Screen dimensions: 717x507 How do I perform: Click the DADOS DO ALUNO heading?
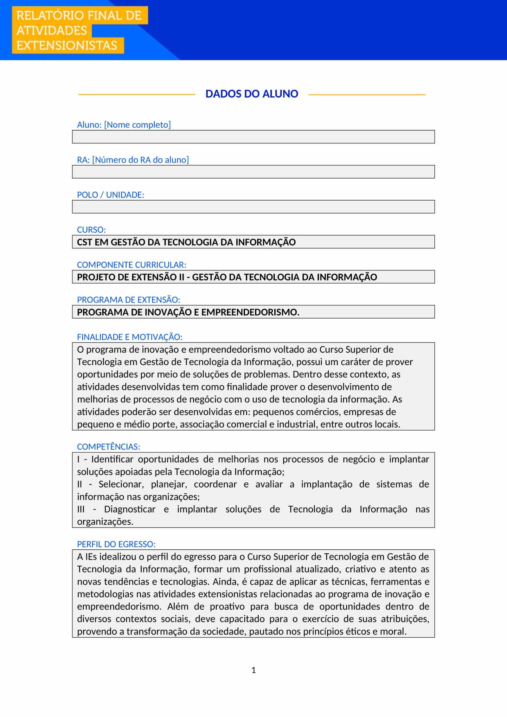click(252, 94)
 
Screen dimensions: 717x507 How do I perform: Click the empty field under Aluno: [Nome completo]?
click(253, 137)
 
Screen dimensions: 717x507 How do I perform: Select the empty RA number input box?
click(253, 172)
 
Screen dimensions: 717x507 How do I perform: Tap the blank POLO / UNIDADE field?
click(253, 207)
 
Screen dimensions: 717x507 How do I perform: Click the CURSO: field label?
click(91, 230)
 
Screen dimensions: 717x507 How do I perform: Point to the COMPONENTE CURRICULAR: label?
click(132, 265)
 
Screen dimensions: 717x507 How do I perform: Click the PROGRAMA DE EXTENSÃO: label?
click(128, 300)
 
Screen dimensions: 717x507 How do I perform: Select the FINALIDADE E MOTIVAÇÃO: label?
click(130, 337)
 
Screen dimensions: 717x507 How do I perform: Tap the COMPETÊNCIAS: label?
click(108, 447)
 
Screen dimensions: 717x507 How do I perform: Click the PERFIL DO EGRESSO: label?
click(116, 544)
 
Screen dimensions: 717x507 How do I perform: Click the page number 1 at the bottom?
click(253, 670)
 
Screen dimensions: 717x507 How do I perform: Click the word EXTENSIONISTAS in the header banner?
click(67, 46)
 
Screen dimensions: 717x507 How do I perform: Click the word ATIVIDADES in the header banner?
click(52, 31)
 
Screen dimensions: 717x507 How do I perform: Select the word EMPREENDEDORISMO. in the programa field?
click(250, 312)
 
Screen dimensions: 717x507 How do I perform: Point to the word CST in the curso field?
click(84, 242)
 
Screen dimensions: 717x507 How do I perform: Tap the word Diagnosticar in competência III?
click(130, 509)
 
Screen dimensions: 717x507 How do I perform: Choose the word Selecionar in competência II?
click(121, 484)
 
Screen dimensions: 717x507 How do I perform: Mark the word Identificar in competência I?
click(112, 459)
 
